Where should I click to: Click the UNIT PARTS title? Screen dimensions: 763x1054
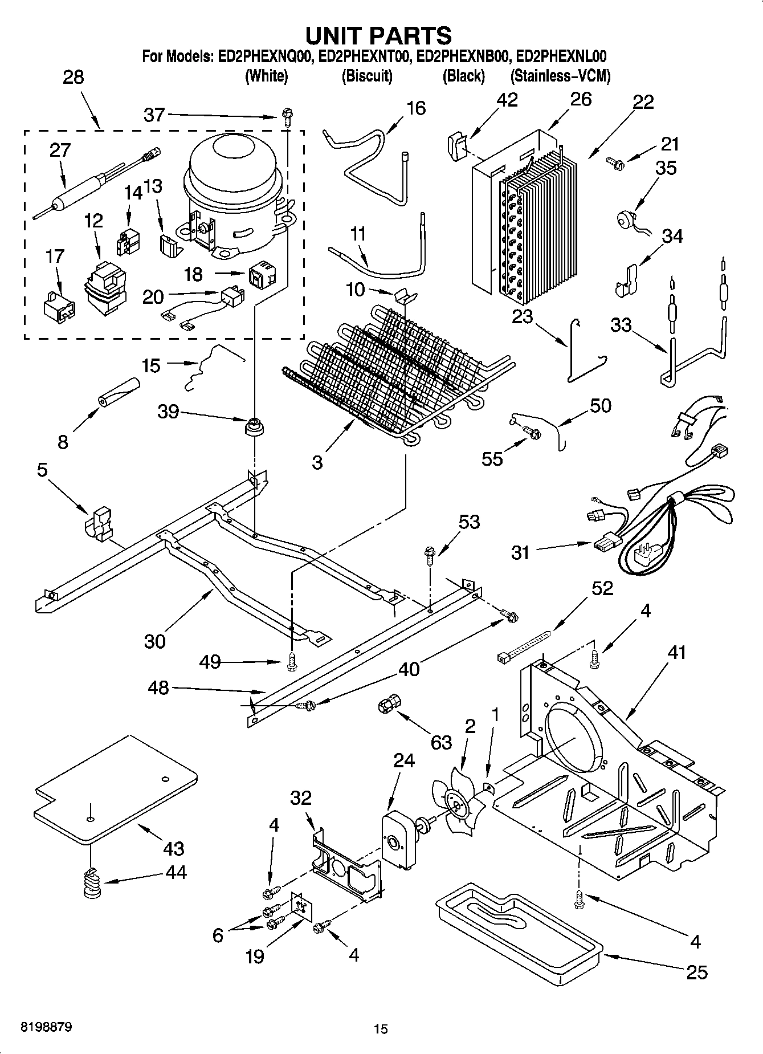tap(379, 35)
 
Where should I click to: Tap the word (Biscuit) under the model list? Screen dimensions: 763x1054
tap(366, 76)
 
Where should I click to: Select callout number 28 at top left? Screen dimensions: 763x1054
tap(74, 77)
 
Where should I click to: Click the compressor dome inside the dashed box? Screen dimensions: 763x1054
tap(235, 165)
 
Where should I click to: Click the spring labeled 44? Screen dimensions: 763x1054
tap(91, 884)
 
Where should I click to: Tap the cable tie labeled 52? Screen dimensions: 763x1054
tap(524, 645)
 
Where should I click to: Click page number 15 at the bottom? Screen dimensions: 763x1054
tap(381, 1029)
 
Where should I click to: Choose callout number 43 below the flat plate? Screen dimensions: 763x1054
tap(173, 848)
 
